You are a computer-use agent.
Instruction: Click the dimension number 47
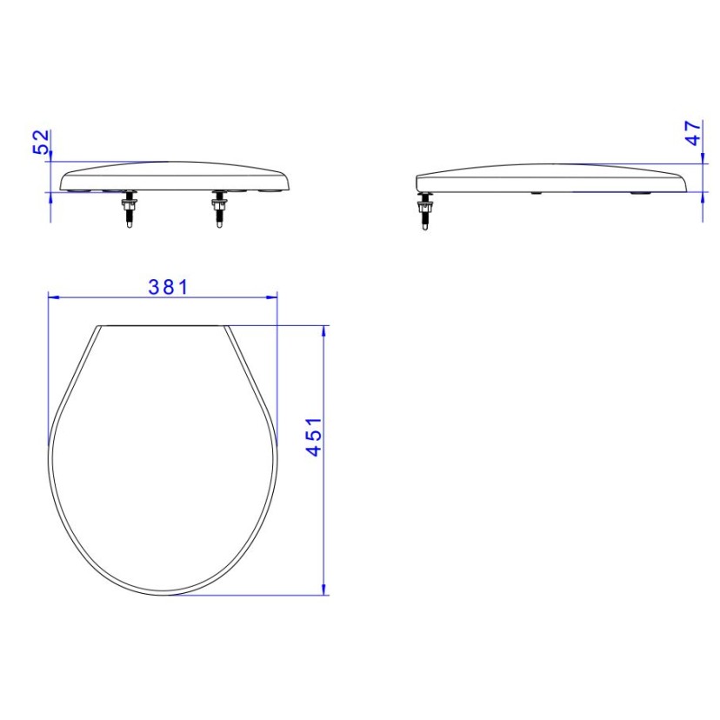[x=693, y=133]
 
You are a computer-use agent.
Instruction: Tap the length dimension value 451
[x=312, y=437]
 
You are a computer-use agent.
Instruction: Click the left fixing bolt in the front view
[x=129, y=211]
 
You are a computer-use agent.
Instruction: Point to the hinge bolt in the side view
[x=425, y=211]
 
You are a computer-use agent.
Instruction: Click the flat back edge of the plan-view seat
[x=163, y=326]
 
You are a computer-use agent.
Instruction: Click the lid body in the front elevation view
[x=174, y=175]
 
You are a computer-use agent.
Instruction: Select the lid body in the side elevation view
[x=548, y=177]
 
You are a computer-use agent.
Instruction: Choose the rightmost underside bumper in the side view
[x=642, y=192]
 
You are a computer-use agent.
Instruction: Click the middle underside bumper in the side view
[x=537, y=192]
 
